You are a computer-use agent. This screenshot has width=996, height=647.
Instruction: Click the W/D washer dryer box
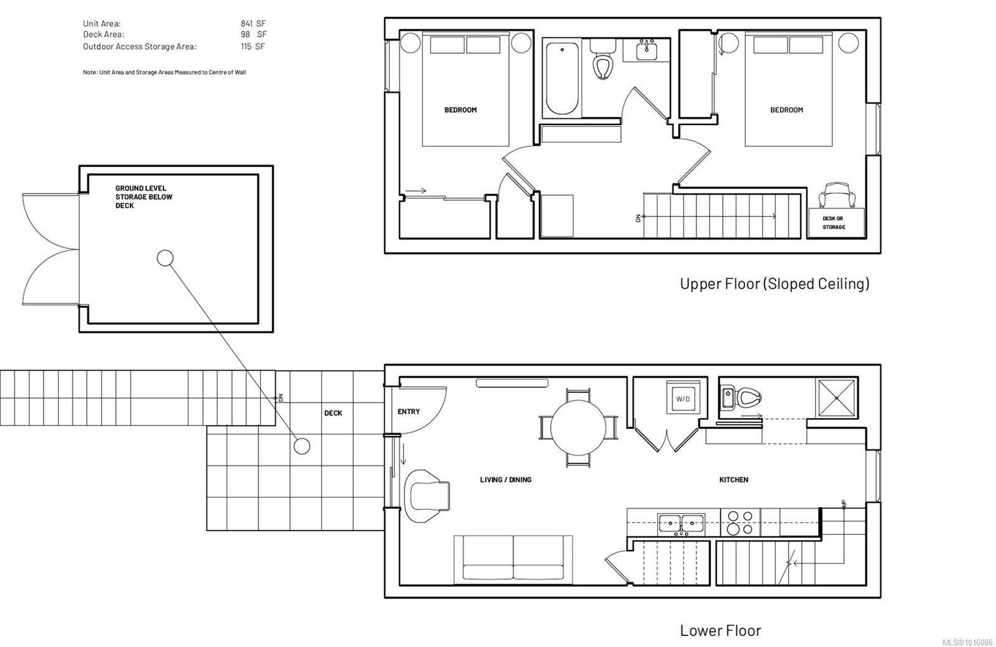click(683, 398)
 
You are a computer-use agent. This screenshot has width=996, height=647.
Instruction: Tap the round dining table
click(578, 427)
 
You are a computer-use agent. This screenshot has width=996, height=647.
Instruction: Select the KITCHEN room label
click(733, 480)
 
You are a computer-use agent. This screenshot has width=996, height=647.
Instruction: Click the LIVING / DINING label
click(505, 480)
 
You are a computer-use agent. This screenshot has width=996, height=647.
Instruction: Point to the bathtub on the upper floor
click(561, 78)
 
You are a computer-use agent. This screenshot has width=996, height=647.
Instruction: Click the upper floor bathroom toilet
click(602, 62)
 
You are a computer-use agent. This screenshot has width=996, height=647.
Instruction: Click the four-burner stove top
click(741, 523)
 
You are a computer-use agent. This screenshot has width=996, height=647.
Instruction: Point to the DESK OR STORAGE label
click(834, 223)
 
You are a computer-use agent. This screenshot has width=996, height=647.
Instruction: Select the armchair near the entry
click(427, 490)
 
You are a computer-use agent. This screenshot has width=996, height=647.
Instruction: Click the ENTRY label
click(408, 412)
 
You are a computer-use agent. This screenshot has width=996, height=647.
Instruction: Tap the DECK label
click(333, 413)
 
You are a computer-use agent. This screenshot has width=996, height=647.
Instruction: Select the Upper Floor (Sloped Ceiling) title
click(774, 284)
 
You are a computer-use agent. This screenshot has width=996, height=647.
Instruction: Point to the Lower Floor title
click(720, 630)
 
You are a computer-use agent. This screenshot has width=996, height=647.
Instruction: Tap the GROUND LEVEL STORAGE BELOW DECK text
click(144, 197)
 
